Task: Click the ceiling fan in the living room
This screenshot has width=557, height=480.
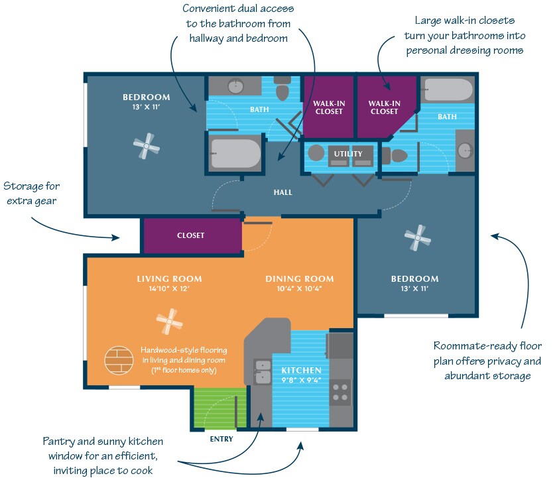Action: (170, 322)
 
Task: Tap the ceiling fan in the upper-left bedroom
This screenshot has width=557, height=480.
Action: (146, 146)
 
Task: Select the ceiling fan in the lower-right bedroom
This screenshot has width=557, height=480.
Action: (417, 238)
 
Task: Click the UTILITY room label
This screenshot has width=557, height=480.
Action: (348, 154)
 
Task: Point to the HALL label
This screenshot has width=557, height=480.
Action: (282, 192)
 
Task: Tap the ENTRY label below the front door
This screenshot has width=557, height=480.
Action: (221, 439)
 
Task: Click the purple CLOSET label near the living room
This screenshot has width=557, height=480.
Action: (191, 235)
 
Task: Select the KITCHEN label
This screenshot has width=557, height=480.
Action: (301, 370)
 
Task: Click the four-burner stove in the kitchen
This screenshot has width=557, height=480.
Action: (340, 392)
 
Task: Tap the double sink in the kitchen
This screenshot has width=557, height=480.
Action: (263, 372)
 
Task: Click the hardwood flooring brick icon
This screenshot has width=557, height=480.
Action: (119, 360)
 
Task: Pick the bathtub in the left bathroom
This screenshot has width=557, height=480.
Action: (235, 154)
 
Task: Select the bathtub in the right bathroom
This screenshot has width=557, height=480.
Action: (448, 90)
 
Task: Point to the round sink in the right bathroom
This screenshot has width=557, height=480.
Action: (465, 151)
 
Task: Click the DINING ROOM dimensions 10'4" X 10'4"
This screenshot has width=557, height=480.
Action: (300, 288)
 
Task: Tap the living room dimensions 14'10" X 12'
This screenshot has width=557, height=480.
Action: (169, 288)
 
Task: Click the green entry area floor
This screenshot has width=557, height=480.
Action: (220, 408)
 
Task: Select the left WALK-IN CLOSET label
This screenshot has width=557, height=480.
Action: (329, 107)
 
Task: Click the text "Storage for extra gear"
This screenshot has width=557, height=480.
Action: (32, 194)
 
